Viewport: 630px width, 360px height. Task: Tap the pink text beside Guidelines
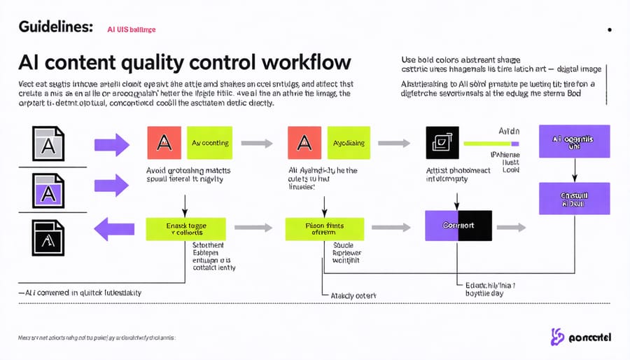[x=131, y=29]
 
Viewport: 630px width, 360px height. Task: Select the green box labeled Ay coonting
[x=209, y=143]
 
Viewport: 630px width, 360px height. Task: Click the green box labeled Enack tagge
[x=185, y=228]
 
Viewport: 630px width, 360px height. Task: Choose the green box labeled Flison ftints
[x=324, y=228]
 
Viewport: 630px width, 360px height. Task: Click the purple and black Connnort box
[x=458, y=226]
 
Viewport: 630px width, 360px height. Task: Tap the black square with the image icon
[x=442, y=143]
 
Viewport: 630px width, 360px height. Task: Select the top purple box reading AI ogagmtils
[x=574, y=141]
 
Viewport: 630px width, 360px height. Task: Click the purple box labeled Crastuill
[x=574, y=198]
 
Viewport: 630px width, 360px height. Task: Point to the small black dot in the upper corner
[x=610, y=30]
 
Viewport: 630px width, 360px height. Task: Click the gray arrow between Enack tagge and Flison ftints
[x=255, y=228]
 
